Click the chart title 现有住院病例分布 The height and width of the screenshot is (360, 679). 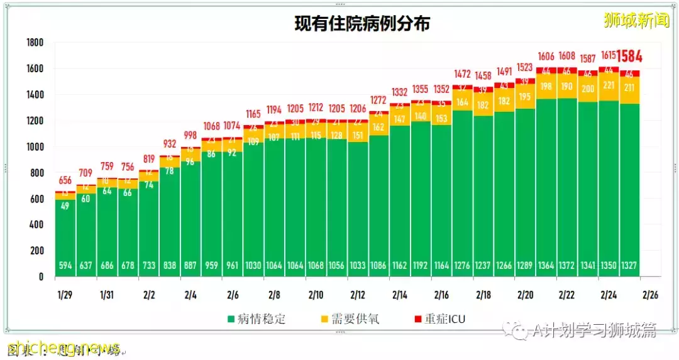click(363, 24)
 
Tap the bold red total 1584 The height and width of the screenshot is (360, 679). click(629, 57)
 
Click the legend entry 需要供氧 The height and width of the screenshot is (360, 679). click(350, 319)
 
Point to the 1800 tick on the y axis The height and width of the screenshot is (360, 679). click(35, 43)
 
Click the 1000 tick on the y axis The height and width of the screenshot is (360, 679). click(35, 147)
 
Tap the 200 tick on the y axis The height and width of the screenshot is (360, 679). click(36, 251)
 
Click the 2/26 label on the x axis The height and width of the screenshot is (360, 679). click(651, 294)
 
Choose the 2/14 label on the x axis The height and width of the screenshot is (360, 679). click(399, 294)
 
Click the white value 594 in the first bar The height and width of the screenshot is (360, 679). click(65, 266)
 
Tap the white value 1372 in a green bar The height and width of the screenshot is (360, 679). click(567, 266)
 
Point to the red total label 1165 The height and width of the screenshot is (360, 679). click(253, 114)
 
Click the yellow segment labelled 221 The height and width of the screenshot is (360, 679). click(609, 85)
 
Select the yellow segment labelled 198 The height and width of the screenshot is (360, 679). click(546, 86)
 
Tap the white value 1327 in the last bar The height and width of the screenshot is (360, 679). click(629, 266)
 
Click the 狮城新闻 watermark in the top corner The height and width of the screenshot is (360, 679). click(636, 21)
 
